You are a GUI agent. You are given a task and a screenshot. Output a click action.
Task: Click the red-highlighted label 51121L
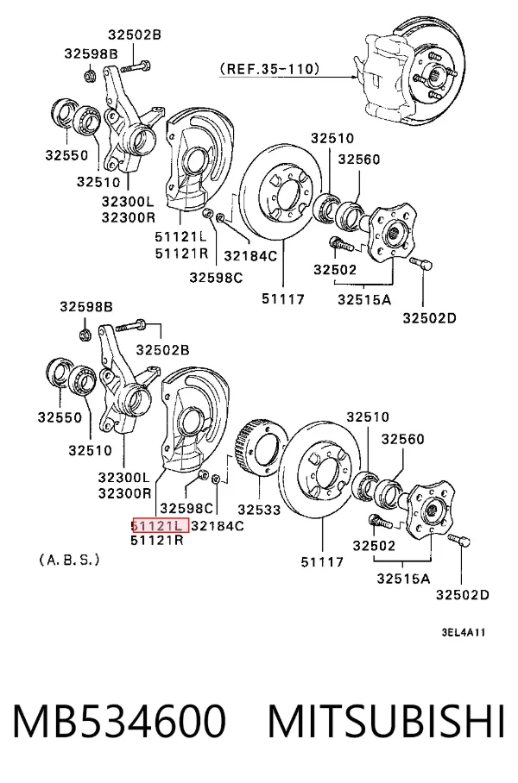point(160,525)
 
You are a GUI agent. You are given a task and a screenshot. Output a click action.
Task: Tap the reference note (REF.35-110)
point(269,68)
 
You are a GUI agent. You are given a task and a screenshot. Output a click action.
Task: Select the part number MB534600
point(119,722)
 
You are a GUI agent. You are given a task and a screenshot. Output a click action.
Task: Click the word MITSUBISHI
point(387,722)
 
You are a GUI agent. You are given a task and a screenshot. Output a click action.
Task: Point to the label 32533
point(259,510)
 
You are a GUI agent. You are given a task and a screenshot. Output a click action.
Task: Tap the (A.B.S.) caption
point(70,560)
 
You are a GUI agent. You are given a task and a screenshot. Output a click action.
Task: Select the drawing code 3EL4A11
point(463,632)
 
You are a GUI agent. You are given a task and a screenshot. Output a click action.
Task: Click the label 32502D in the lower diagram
point(463,595)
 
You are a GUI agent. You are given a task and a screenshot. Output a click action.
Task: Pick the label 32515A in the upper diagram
point(364,299)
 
